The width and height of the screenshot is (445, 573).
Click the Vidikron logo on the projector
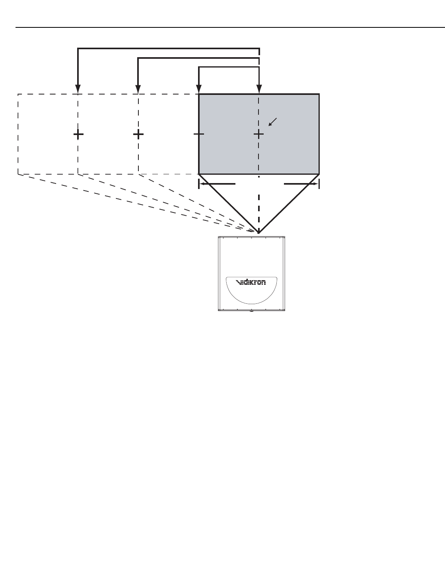click(x=251, y=282)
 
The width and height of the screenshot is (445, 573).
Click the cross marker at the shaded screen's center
click(x=259, y=134)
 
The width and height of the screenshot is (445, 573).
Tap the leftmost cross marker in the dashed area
click(x=78, y=134)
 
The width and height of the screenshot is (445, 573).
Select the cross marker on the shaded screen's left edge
click(x=199, y=134)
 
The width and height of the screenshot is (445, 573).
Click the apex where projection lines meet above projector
click(x=259, y=233)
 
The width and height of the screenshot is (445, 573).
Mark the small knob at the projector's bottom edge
click(x=251, y=311)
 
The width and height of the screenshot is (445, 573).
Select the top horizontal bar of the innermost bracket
click(x=229, y=67)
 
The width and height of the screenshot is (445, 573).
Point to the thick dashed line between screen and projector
click(x=259, y=206)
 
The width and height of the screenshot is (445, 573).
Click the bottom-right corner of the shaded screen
click(x=319, y=174)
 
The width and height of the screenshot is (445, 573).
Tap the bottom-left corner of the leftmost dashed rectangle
click(x=18, y=174)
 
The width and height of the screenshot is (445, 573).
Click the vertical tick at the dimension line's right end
click(x=319, y=184)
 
